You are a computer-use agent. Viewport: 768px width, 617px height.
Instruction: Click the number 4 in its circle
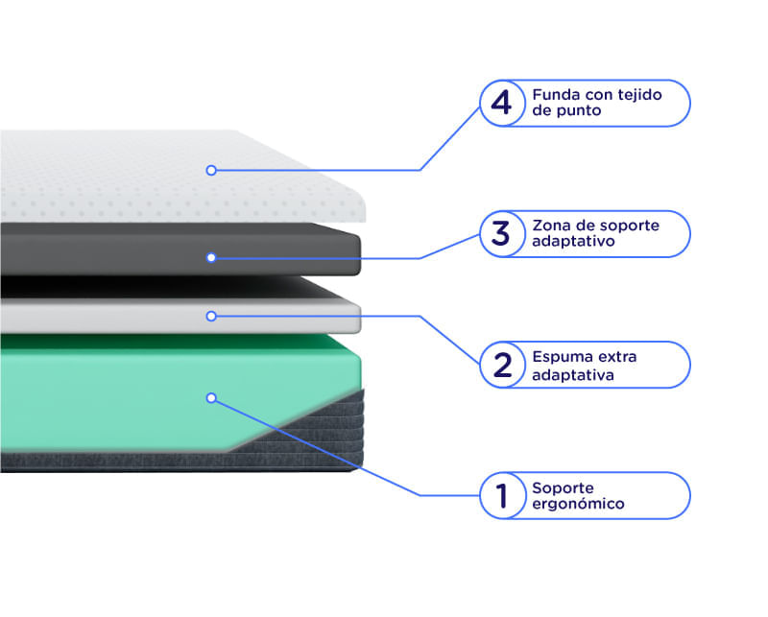[501, 103]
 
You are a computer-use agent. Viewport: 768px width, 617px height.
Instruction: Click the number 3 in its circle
[500, 233]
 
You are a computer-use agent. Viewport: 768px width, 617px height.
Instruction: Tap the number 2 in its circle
[502, 365]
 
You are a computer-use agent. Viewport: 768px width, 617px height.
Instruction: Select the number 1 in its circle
[501, 495]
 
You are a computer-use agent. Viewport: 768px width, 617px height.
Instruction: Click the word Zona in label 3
[549, 225]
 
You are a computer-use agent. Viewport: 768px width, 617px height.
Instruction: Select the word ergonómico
[579, 504]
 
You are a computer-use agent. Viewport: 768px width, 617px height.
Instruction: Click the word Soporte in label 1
[563, 487]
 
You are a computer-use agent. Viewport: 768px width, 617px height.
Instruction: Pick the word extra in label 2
[617, 357]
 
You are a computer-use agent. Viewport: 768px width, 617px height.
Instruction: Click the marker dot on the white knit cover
[211, 171]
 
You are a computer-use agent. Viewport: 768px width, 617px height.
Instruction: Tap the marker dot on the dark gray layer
[211, 257]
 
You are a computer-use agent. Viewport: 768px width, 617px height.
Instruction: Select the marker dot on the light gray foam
[211, 317]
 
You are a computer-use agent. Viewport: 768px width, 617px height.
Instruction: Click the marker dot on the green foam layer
[211, 398]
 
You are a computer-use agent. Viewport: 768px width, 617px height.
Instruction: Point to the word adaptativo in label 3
[573, 242]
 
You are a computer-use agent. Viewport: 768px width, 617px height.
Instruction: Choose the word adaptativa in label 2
[573, 375]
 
